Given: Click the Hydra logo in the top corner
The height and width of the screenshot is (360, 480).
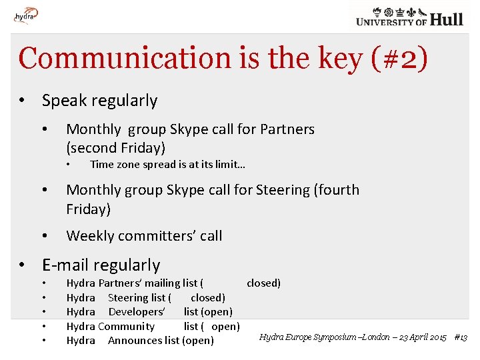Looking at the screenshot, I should [x=25, y=14].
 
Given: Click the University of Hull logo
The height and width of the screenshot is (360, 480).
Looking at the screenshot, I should [x=409, y=17].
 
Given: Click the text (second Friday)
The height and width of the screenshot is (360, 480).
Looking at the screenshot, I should [x=115, y=148].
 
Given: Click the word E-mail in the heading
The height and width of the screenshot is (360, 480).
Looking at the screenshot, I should [x=67, y=265].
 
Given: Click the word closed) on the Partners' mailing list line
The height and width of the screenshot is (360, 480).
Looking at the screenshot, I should [x=263, y=283].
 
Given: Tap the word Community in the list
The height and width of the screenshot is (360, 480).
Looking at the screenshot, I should [x=126, y=327].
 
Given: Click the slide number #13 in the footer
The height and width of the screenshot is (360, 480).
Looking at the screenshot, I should [x=460, y=337].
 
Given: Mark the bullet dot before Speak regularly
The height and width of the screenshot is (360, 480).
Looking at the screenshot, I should [x=22, y=101].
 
